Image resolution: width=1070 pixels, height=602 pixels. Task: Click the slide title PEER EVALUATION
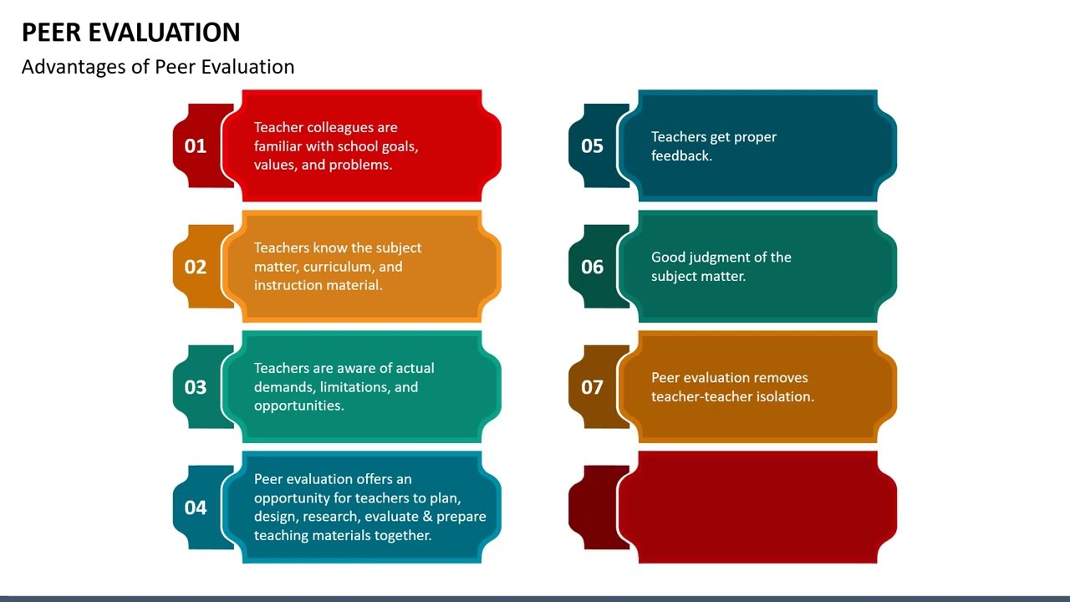pos(130,33)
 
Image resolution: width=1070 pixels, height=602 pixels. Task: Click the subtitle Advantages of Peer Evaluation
pos(158,67)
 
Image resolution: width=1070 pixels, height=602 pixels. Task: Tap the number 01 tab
pos(196,146)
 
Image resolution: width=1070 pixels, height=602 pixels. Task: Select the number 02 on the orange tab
pos(196,267)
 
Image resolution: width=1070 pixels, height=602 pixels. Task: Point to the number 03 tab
pos(196,387)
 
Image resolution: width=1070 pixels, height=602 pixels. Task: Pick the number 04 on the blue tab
pos(196,508)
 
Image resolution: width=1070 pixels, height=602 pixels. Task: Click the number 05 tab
pos(592,146)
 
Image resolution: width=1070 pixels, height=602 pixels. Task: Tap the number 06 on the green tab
pos(592,267)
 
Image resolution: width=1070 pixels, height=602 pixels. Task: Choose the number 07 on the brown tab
pos(592,387)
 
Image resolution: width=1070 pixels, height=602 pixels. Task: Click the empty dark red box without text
pos(757,508)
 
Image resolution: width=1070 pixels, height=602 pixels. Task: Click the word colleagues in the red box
pos(340,128)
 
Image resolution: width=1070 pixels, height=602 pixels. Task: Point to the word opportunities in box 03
pos(298,406)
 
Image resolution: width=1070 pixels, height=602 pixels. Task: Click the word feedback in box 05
pos(681,156)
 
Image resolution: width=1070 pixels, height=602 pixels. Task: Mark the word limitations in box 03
pos(354,387)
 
